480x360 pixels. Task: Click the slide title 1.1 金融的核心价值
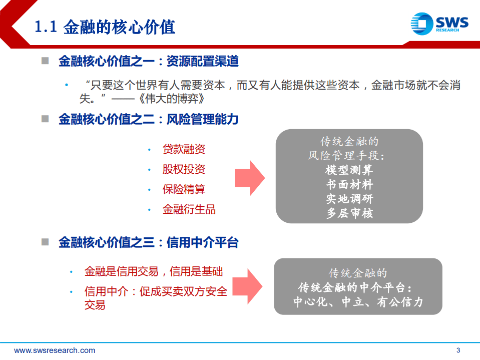tap(105, 27)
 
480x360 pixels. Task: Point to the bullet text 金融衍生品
tap(189, 209)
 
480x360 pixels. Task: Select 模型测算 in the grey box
tap(349, 170)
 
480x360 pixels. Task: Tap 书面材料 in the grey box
tap(349, 184)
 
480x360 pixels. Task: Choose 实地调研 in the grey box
tap(349, 199)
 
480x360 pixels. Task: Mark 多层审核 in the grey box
tap(349, 213)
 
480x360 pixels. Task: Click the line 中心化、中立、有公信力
tap(358, 302)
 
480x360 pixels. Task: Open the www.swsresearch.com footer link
tap(55, 350)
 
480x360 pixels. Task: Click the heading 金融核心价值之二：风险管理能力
tap(148, 120)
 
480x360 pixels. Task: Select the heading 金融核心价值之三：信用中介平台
tap(148, 243)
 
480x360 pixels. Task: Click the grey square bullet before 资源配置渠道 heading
tap(45, 61)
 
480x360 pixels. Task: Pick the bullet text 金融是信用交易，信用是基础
tap(153, 271)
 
